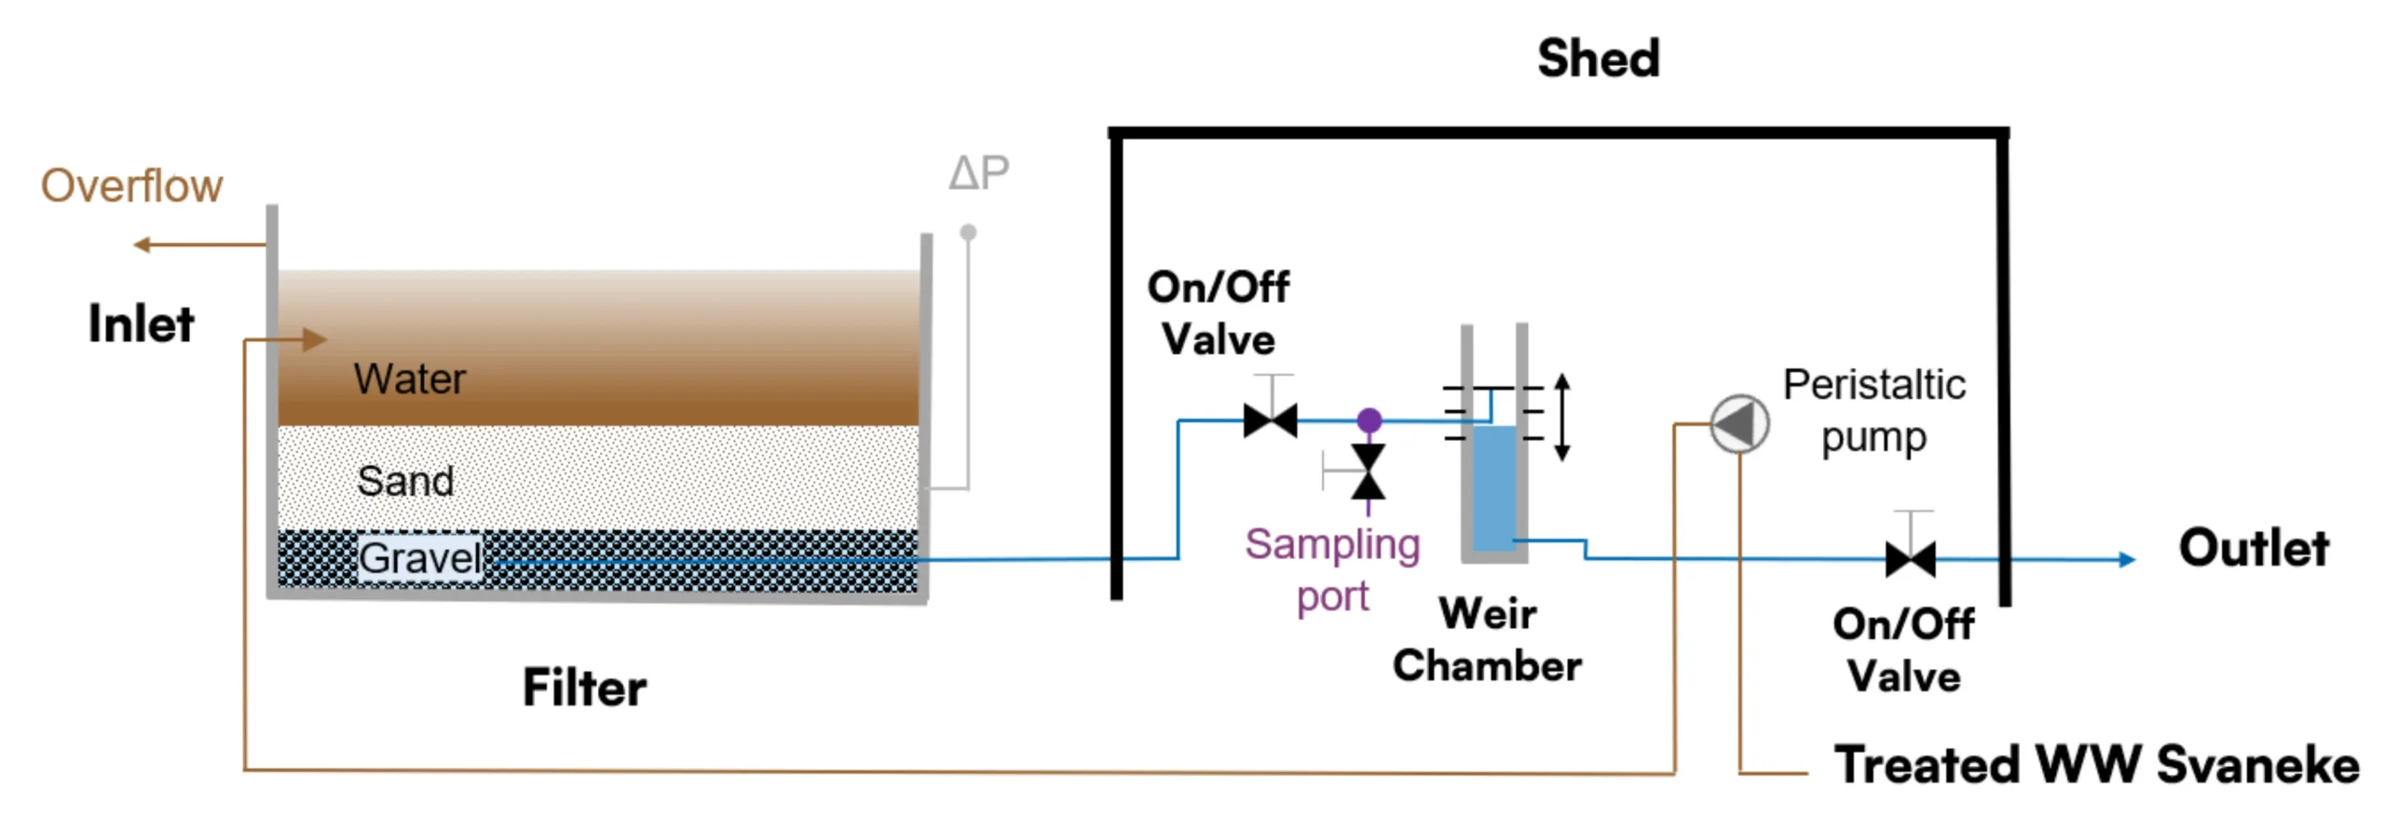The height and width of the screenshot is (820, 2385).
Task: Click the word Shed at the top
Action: (x=1598, y=59)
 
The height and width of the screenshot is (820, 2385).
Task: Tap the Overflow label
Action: (x=131, y=185)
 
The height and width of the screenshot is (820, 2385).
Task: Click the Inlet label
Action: (x=141, y=324)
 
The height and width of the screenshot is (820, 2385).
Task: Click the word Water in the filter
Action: (x=409, y=379)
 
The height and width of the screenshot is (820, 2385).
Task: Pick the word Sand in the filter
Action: (x=405, y=481)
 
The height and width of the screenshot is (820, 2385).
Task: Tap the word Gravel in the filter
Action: (x=420, y=558)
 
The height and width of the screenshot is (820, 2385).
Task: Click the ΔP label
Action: (x=978, y=172)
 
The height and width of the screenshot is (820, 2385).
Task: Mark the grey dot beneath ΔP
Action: (x=968, y=232)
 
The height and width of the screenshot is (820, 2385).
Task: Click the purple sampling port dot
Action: (x=1369, y=420)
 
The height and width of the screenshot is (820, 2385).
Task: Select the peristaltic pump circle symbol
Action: (x=1739, y=424)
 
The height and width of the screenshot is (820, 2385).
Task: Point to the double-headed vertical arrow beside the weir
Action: (x=1562, y=417)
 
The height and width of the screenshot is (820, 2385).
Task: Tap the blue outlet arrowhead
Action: (x=2127, y=559)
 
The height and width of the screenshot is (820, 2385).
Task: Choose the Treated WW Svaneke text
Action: (x=2096, y=765)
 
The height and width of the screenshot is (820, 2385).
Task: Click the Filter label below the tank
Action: (x=584, y=688)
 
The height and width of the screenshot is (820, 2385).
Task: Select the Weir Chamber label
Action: (x=1487, y=639)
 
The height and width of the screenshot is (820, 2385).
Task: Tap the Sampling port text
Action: (x=1332, y=569)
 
